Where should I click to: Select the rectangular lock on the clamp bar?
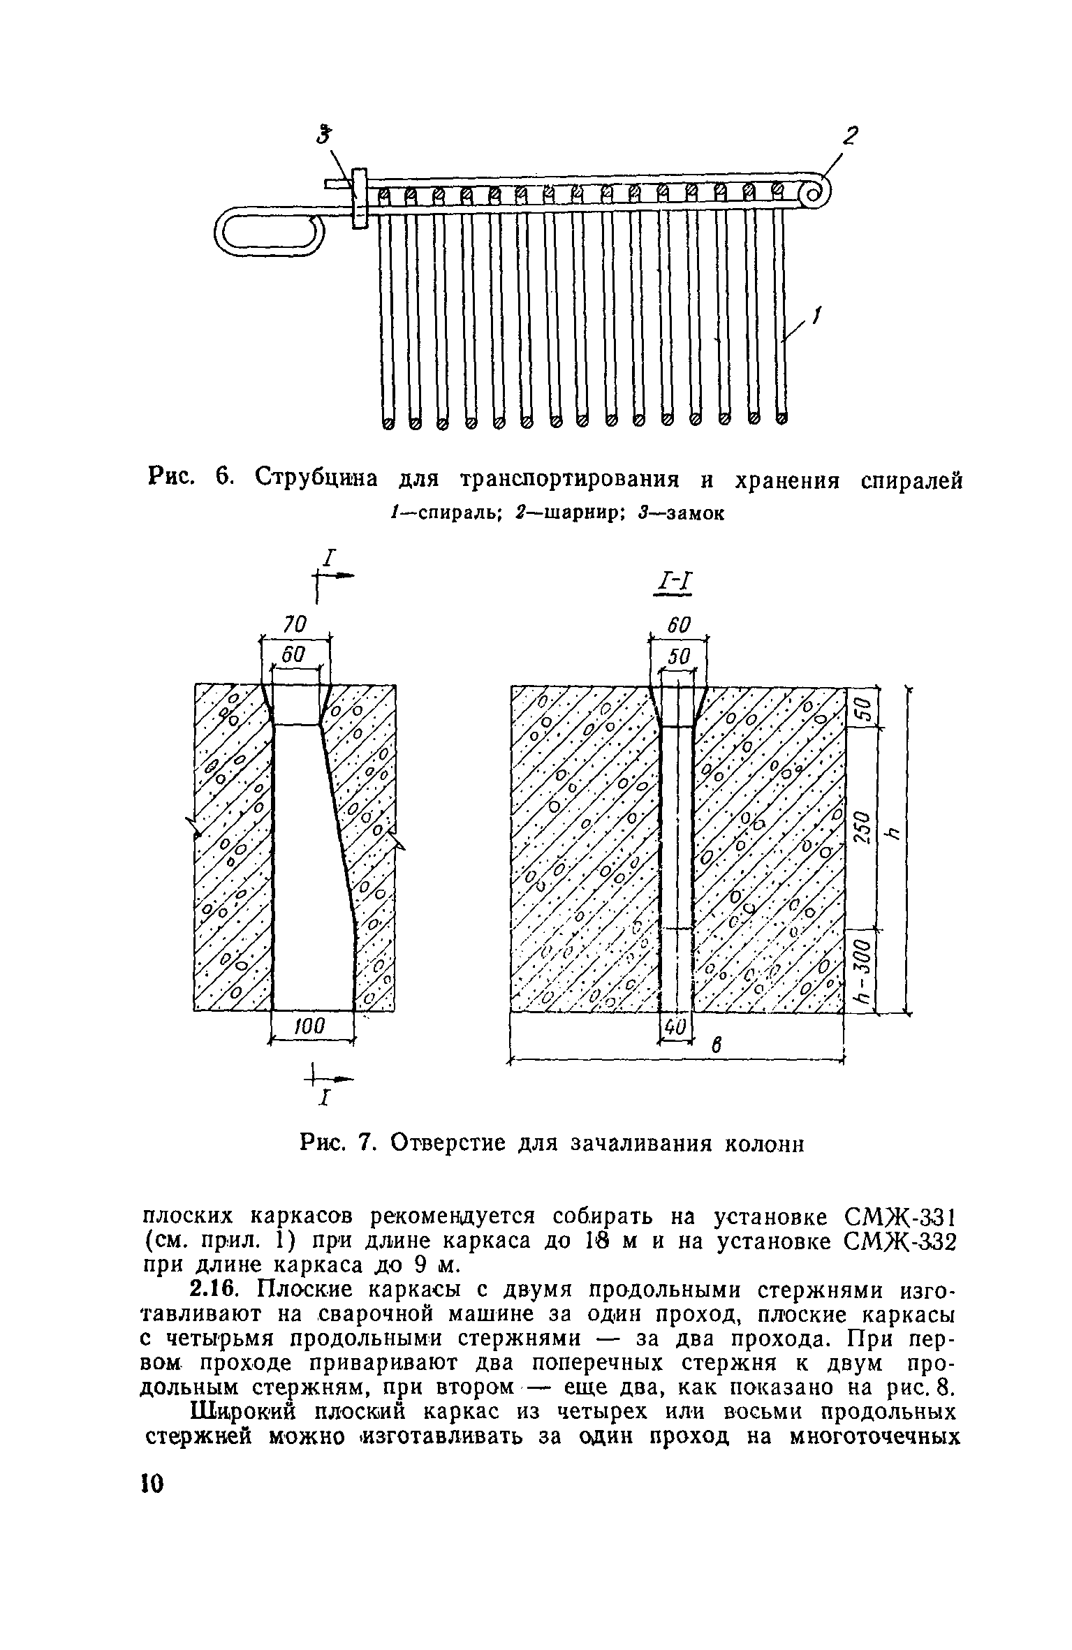coord(360,198)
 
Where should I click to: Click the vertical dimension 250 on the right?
coord(863,829)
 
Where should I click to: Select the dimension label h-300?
coord(863,970)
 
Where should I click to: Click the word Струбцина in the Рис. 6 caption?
coord(317,480)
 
